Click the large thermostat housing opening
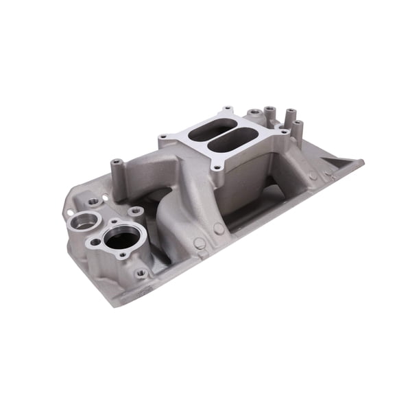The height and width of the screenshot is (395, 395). (122, 239)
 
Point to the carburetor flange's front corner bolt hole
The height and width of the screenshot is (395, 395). (217, 167)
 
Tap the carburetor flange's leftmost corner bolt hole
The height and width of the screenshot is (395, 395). (163, 138)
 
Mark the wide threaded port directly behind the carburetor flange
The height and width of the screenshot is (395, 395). (255, 112)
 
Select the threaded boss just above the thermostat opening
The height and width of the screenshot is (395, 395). (135, 211)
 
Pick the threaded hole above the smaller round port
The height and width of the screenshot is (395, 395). (93, 202)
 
